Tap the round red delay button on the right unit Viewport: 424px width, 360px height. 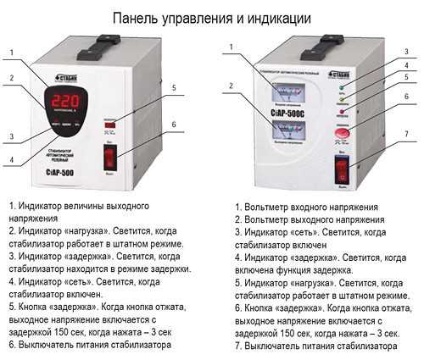[x=343, y=131]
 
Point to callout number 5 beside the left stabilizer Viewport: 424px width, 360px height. [x=173, y=87]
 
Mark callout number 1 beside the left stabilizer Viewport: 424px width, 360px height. [x=12, y=52]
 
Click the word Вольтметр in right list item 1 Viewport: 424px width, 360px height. [x=269, y=208]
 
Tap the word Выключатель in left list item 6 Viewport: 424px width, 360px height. [x=53, y=346]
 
